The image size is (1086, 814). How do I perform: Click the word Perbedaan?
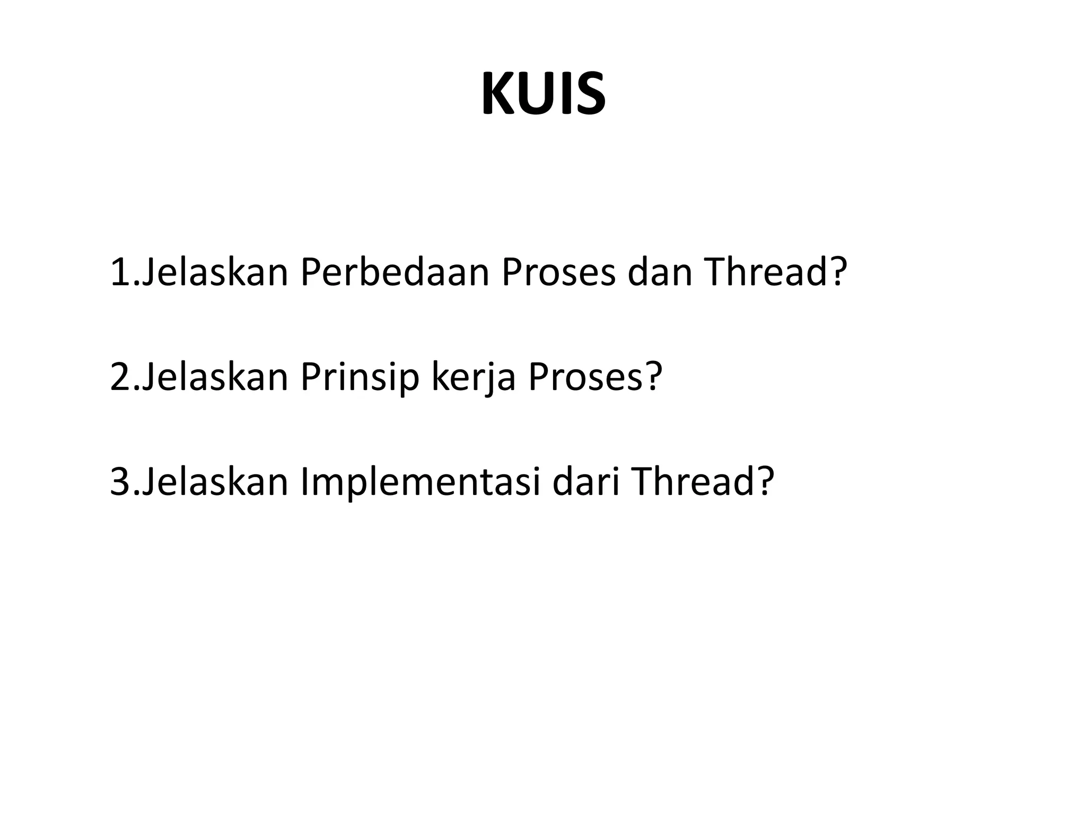(395, 272)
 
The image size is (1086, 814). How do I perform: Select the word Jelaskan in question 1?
(215, 272)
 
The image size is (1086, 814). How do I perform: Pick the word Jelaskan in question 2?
(215, 377)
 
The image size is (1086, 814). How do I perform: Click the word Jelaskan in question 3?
(215, 482)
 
